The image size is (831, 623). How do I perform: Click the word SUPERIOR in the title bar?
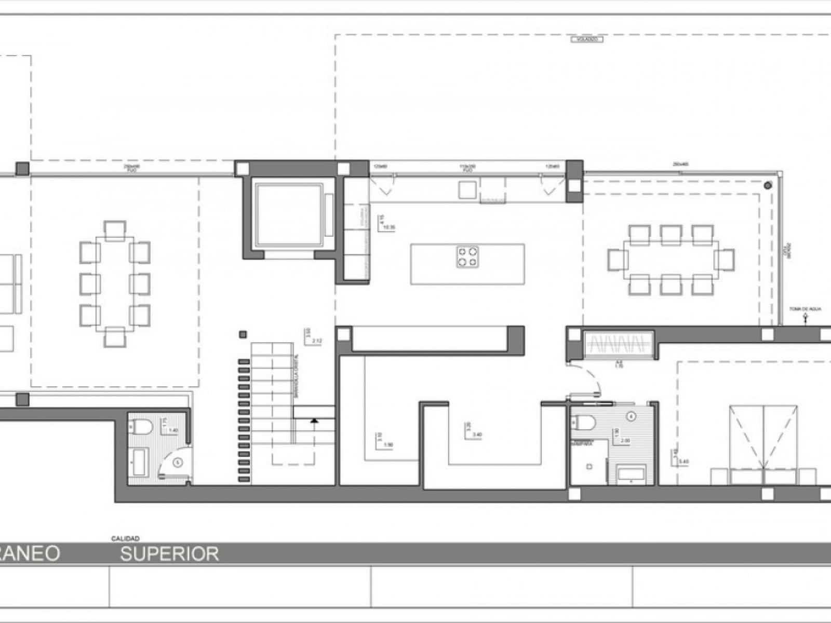[x=170, y=554]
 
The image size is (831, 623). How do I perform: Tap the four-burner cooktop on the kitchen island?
[x=467, y=257]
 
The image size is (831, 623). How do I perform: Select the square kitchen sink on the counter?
[x=466, y=189]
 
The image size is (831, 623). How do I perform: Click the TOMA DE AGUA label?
[x=806, y=309]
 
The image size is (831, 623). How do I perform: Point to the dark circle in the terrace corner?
[x=768, y=185]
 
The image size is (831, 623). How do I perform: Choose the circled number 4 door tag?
[x=631, y=416]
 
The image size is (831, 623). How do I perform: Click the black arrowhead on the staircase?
[x=314, y=421]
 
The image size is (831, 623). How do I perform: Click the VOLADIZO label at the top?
[x=587, y=39]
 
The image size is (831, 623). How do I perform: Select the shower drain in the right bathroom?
[x=589, y=467]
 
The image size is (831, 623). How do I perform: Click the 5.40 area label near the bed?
[x=683, y=461]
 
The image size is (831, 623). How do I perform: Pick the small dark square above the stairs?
[x=243, y=335]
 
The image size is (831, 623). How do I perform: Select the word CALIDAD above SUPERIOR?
[x=125, y=539]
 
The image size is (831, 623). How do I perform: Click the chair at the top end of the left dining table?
[x=115, y=229]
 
